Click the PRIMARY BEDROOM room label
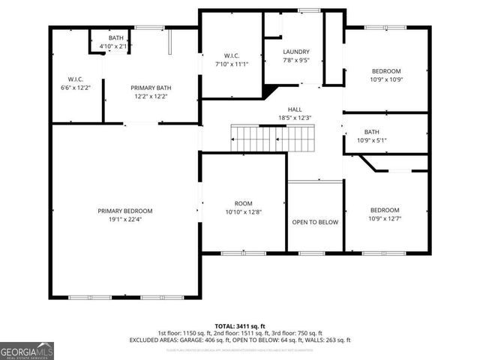click(x=124, y=211)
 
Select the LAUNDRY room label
click(x=295, y=52)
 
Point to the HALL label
click(x=295, y=109)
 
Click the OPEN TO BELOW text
click(x=315, y=223)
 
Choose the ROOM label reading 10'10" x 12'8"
click(x=244, y=202)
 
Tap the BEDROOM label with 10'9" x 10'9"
click(x=386, y=70)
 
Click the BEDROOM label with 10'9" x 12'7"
click(x=385, y=210)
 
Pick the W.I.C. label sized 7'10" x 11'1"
click(x=231, y=55)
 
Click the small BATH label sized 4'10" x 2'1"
click(x=115, y=37)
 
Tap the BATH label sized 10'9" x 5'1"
click(x=372, y=132)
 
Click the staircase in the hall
click(x=271, y=138)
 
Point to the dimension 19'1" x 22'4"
click(x=124, y=220)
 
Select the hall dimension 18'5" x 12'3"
click(x=295, y=118)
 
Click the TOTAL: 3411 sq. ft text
click(x=239, y=326)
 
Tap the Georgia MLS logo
click(x=27, y=349)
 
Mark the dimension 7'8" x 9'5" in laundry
click(x=295, y=60)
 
